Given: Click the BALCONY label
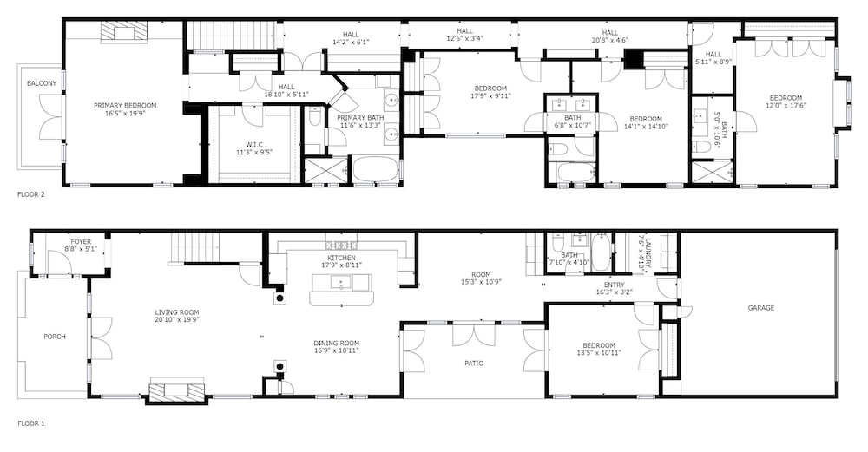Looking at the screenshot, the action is click(x=42, y=83).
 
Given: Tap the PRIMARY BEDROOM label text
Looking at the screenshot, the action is click(x=124, y=105).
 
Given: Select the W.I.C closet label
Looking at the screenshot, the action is click(x=255, y=144).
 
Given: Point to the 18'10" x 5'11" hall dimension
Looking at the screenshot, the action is click(x=286, y=95).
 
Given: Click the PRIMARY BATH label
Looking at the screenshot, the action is click(x=360, y=118).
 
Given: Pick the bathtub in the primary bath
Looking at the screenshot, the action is click(x=376, y=169).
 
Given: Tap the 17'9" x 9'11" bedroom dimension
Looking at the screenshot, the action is click(x=490, y=95).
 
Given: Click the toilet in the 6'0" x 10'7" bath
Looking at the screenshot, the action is click(x=556, y=149).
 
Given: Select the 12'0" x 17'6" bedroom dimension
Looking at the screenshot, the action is click(x=786, y=105).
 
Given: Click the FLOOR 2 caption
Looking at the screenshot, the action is click(x=31, y=194).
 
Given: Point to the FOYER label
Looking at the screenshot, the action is click(x=81, y=242).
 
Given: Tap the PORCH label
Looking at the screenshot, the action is click(x=54, y=337).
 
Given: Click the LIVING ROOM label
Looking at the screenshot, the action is click(x=177, y=312).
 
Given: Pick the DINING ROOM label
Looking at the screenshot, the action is click(x=337, y=343).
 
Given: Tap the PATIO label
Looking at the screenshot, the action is click(x=473, y=364).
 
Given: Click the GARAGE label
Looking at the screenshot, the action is click(x=761, y=308).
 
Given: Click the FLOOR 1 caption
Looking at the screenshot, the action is click(x=31, y=423).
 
